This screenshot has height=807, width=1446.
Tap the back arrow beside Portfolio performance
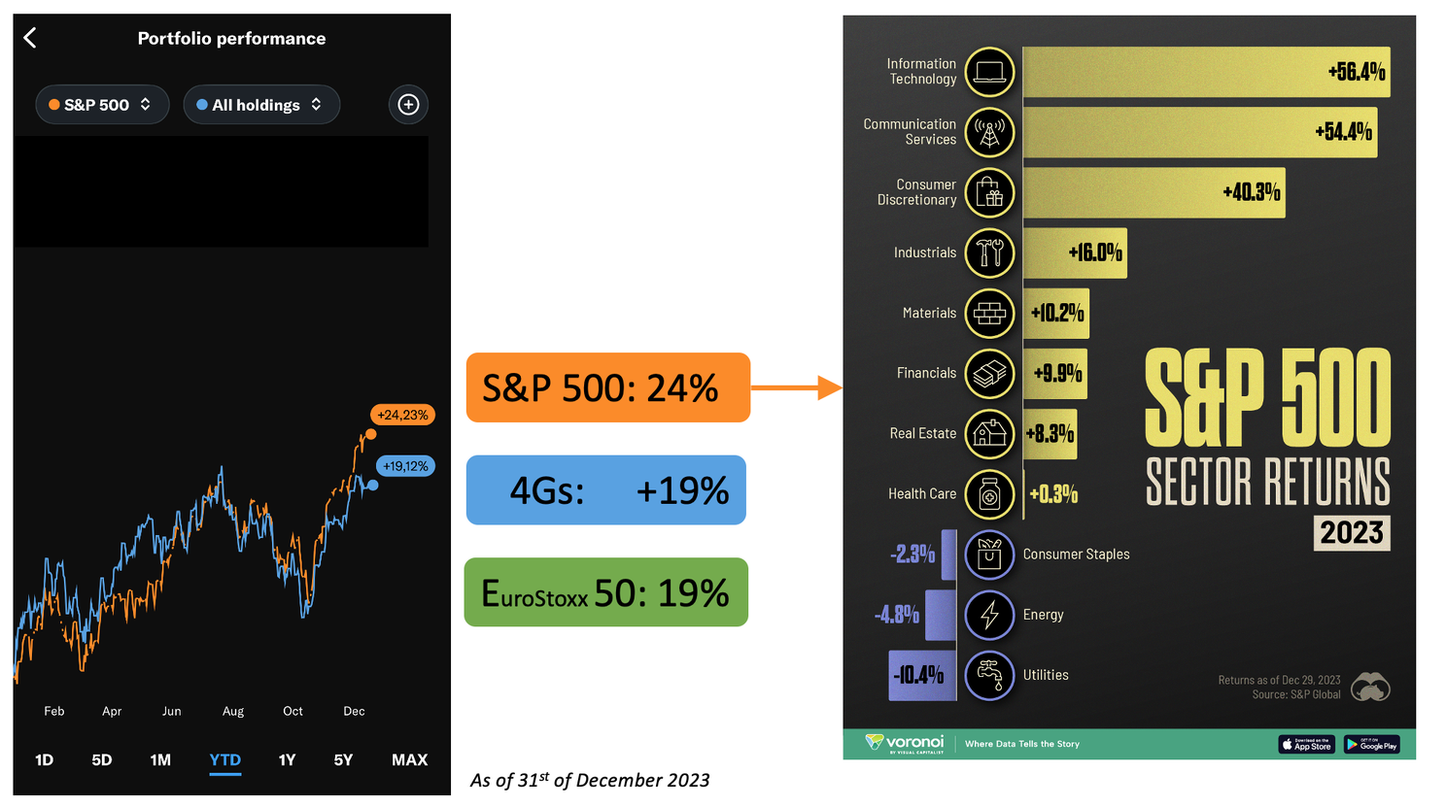pyautogui.click(x=30, y=38)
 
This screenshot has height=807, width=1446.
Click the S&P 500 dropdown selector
pyautogui.click(x=102, y=105)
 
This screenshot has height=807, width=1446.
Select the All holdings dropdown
pyautogui.click(x=260, y=105)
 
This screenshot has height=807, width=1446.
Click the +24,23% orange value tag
pyautogui.click(x=402, y=415)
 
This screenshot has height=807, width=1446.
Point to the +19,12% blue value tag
pyautogui.click(x=405, y=466)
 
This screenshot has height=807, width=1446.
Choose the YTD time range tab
pyautogui.click(x=224, y=759)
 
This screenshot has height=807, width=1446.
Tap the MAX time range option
pyautogui.click(x=409, y=759)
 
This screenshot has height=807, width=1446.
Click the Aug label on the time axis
pyautogui.click(x=233, y=711)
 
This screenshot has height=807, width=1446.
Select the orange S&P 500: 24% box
pyautogui.click(x=607, y=387)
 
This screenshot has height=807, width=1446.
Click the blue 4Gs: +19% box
pyautogui.click(x=605, y=490)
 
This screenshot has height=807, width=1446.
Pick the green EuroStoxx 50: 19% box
pyautogui.click(x=605, y=592)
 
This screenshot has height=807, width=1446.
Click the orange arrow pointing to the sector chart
pyautogui.click(x=796, y=387)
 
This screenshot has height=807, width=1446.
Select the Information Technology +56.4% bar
pyautogui.click(x=1205, y=72)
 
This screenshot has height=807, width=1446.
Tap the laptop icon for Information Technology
pyautogui.click(x=989, y=72)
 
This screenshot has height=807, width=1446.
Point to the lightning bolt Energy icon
pyautogui.click(x=989, y=615)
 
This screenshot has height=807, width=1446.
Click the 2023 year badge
pyautogui.click(x=1352, y=532)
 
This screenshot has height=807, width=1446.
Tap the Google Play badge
pyautogui.click(x=1371, y=745)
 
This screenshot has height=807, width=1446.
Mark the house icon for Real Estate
pyautogui.click(x=989, y=433)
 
